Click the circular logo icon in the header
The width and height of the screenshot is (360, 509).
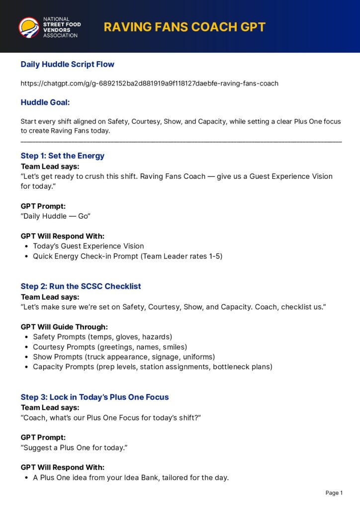[x=29, y=27]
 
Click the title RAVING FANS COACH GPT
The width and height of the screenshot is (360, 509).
[x=184, y=27]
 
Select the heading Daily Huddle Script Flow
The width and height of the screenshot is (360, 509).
[x=67, y=64]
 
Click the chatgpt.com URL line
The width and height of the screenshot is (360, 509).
[x=149, y=83]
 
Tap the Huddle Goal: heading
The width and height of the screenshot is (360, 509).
[x=45, y=102]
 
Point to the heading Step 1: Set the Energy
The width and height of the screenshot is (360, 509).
[x=62, y=156]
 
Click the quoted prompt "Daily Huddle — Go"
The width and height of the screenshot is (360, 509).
[x=55, y=216]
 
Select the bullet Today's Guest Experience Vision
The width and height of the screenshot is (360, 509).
[x=88, y=246]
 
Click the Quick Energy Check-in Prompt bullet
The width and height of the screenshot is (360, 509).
[x=127, y=256]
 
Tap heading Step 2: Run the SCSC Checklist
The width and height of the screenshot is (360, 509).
[x=81, y=286]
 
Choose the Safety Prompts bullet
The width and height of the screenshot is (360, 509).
[x=102, y=337]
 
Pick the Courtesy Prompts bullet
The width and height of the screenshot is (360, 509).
[x=110, y=347]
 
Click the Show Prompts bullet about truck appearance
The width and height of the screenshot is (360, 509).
[x=124, y=357]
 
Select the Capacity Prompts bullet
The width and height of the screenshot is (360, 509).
[x=152, y=367]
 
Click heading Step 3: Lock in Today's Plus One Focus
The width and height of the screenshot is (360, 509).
[x=94, y=397]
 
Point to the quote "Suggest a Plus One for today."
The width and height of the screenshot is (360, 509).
[x=74, y=448]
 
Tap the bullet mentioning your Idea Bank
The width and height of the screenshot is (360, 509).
[x=130, y=478]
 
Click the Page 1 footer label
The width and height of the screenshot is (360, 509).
[x=334, y=493]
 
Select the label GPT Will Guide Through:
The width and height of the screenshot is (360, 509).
[x=64, y=327]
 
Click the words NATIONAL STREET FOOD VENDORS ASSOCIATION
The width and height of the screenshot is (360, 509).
[x=61, y=27]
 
